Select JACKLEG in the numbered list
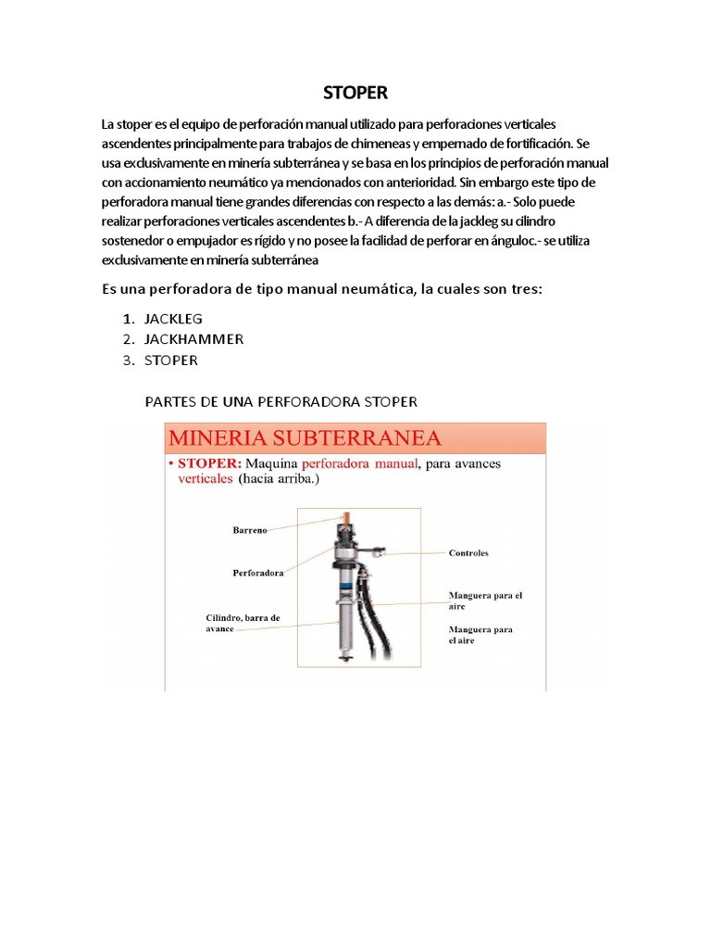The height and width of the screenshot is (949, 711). (173, 318)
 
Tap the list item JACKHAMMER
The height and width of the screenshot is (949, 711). (193, 339)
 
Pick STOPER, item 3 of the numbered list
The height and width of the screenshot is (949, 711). (171, 361)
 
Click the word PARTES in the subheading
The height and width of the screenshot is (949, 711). (169, 402)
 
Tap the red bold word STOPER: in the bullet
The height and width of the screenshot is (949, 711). (209, 463)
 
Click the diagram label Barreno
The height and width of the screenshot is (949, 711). (250, 531)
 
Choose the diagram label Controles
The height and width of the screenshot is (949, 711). (468, 553)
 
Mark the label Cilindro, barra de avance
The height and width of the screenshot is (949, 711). (243, 622)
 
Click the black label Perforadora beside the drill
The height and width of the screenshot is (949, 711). (257, 573)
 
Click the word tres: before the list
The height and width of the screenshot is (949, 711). (520, 290)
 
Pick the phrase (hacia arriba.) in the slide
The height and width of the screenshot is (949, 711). (277, 480)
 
